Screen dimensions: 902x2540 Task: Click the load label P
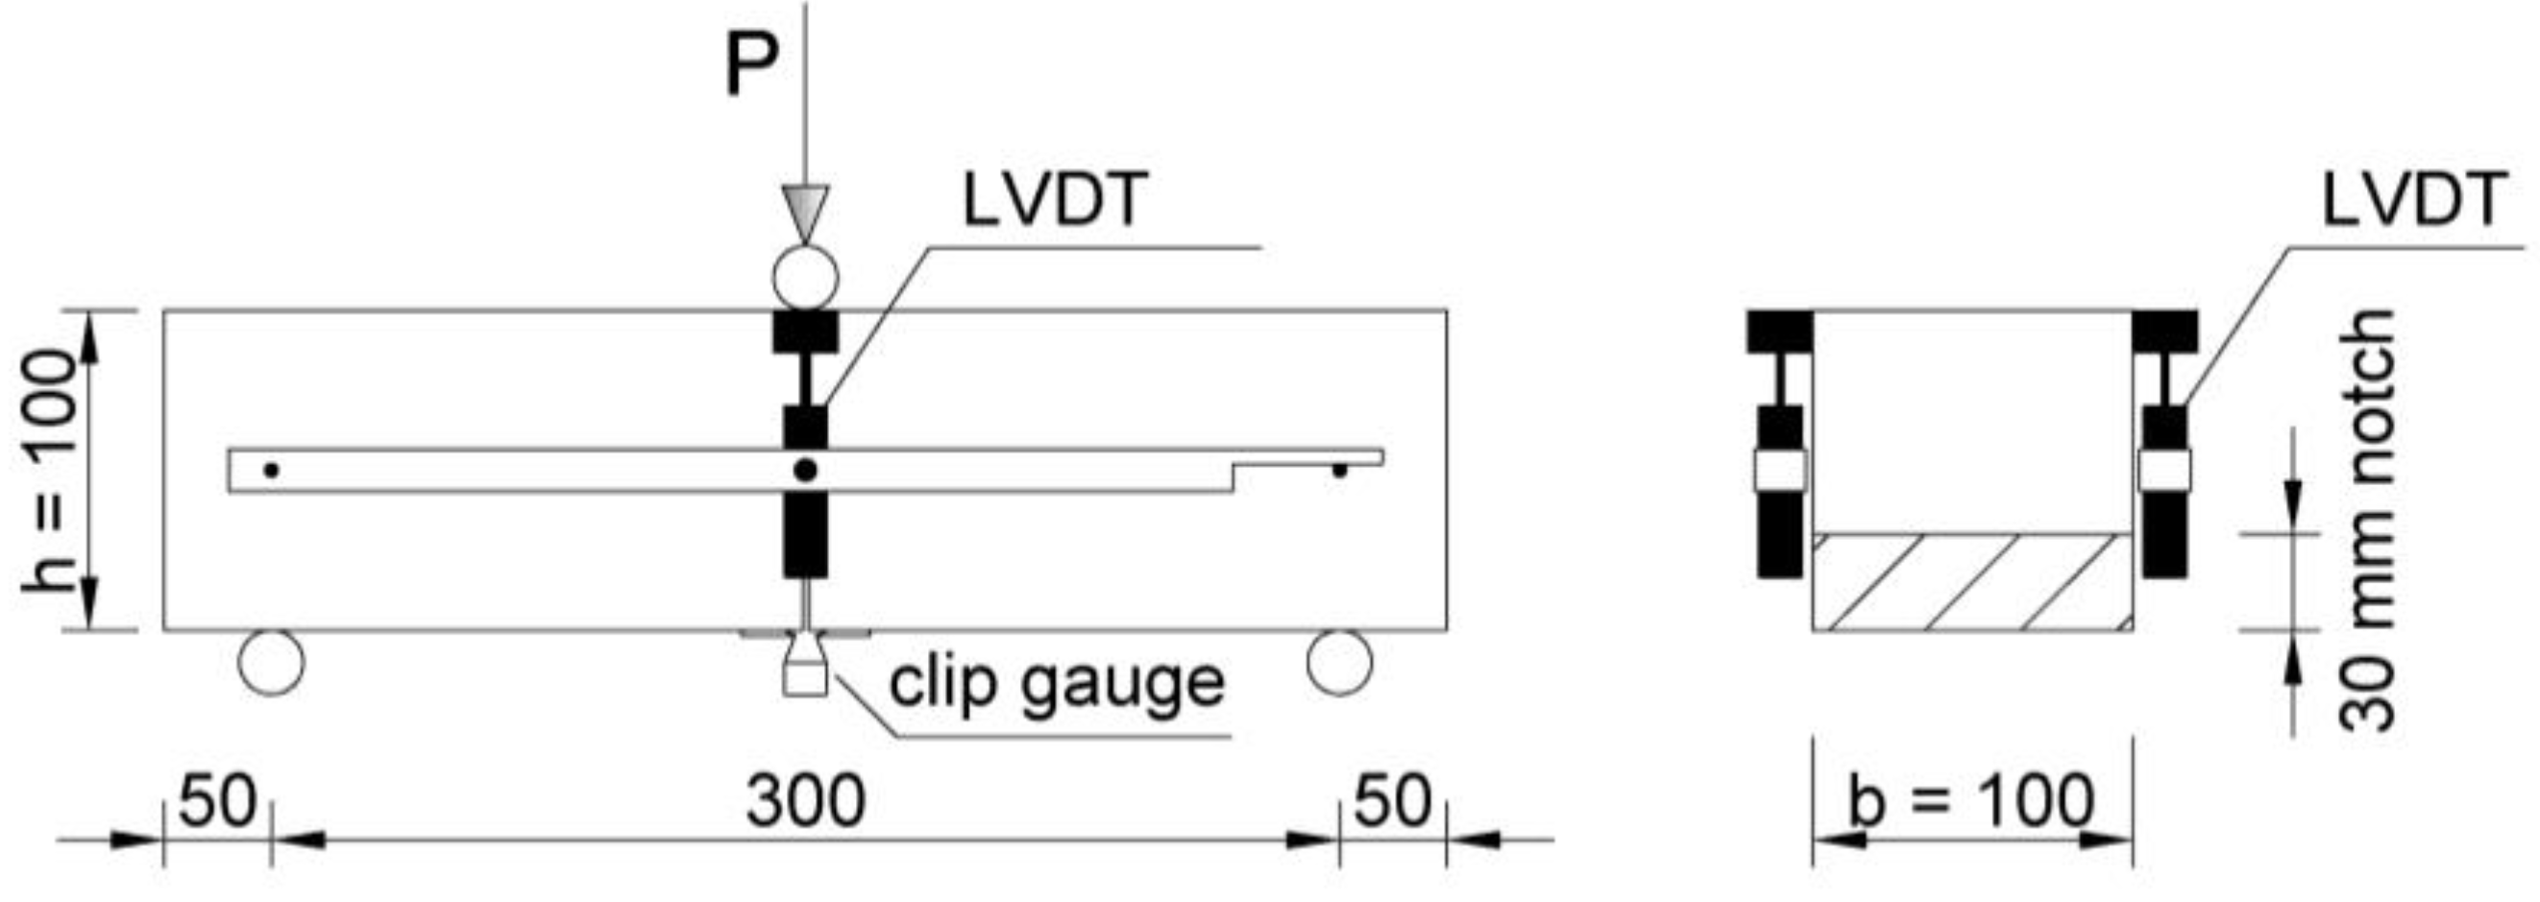[x=751, y=65]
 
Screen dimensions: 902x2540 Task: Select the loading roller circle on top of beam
[x=805, y=278]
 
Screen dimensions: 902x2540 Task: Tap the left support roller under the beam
[x=271, y=663]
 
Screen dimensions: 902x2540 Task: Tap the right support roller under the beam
[x=1339, y=663]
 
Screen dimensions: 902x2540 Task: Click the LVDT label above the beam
[x=1054, y=200]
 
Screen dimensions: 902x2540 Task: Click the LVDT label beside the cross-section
[x=2413, y=200]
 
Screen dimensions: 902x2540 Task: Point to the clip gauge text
[x=1056, y=682]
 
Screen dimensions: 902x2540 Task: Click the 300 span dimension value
[x=805, y=800]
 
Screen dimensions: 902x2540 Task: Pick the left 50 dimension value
[x=218, y=800]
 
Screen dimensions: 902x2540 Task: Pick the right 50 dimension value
[x=1391, y=800]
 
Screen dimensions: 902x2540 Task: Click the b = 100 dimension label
[x=1971, y=800]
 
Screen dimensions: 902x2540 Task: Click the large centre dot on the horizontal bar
[x=806, y=471]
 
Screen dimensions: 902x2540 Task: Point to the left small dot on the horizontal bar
[x=271, y=471]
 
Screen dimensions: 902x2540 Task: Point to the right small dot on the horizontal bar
[x=1339, y=472]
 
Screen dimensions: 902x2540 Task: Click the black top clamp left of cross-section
[x=1780, y=331]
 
